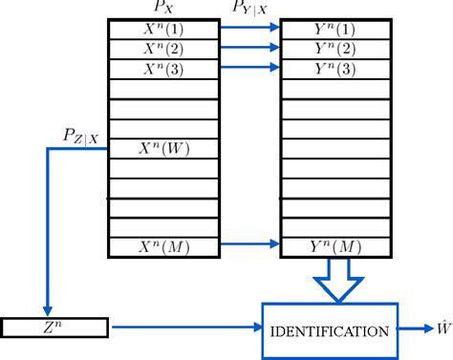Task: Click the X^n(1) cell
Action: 165,29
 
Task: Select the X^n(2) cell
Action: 165,49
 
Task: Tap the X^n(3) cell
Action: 165,68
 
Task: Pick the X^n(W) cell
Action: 165,148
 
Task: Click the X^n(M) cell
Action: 165,247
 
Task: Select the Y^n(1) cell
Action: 335,29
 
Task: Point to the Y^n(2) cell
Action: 335,49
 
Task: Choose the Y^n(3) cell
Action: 335,68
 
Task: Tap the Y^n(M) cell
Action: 335,247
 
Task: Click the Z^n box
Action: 55,328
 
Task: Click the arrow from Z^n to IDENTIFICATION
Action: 186,328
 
